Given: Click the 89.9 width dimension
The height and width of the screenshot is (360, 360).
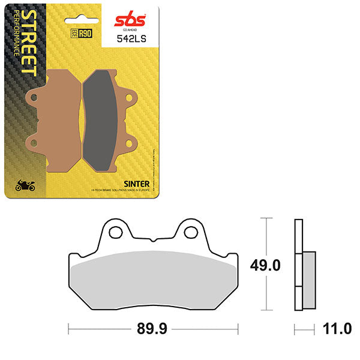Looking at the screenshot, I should (153, 330).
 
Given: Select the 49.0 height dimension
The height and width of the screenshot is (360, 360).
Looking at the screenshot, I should (267, 264).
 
